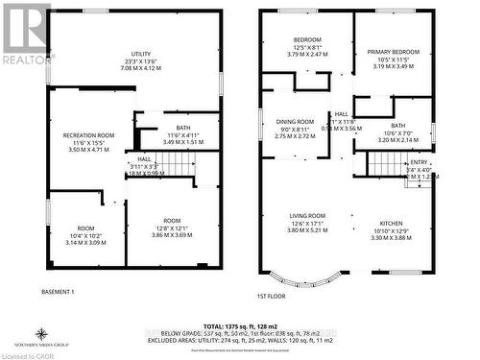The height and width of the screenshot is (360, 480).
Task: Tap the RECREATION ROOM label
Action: click(89, 135)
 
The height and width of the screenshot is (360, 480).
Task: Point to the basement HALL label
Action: click(145, 159)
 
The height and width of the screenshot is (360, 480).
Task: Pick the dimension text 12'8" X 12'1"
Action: click(172, 228)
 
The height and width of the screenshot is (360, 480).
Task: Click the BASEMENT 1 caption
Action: click(59, 291)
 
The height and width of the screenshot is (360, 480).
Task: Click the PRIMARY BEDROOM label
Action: click(394, 52)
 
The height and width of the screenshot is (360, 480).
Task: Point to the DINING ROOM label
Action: click(295, 122)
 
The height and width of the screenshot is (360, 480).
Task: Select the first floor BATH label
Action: click(397, 125)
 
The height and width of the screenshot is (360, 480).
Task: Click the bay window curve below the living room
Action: click(317, 281)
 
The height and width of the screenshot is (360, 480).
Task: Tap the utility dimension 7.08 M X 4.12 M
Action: click(142, 68)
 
